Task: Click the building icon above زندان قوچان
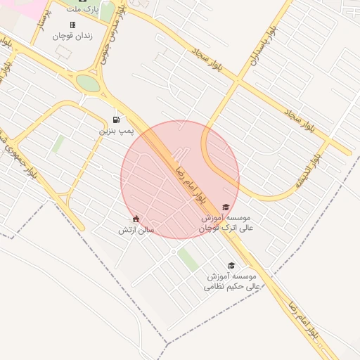click(72, 25)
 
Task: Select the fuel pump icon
click(115, 120)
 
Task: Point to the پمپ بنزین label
click(115, 131)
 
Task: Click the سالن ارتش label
click(136, 230)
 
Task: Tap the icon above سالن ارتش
click(136, 219)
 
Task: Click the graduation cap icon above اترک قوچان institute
click(225, 207)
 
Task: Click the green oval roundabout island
click(88, 83)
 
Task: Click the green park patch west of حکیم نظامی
click(188, 259)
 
